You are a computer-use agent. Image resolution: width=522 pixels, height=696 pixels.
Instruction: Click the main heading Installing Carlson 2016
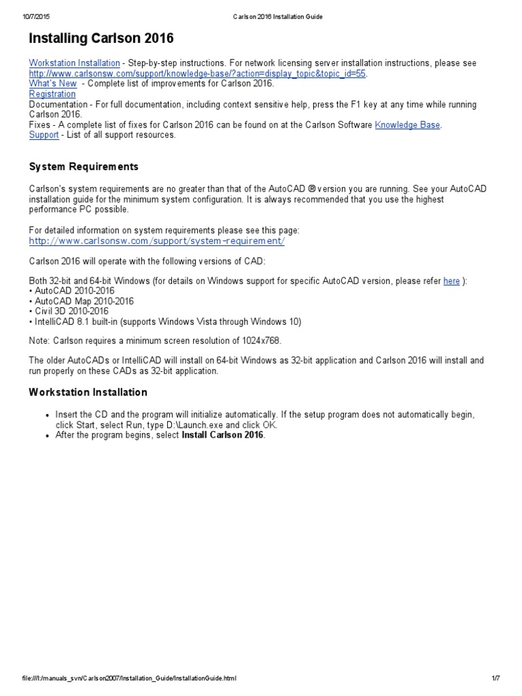[101, 38]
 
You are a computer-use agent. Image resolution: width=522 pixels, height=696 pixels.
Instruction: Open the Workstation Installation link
[74, 63]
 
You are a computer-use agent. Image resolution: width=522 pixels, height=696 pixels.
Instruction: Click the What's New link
[52, 84]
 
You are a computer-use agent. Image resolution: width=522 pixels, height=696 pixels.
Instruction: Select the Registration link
[52, 94]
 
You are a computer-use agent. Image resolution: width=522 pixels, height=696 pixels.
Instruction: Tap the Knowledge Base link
[407, 125]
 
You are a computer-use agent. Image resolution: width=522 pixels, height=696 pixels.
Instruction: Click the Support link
[43, 135]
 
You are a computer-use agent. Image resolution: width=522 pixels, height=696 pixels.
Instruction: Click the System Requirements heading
[84, 167]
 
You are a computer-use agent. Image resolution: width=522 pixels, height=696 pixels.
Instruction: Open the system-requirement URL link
[157, 241]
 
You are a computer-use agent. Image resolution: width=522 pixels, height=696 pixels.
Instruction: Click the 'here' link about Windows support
[451, 281]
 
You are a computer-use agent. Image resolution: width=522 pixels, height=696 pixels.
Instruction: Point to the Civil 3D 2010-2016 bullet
[71, 311]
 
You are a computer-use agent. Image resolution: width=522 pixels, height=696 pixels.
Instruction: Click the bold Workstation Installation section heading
[88, 392]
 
